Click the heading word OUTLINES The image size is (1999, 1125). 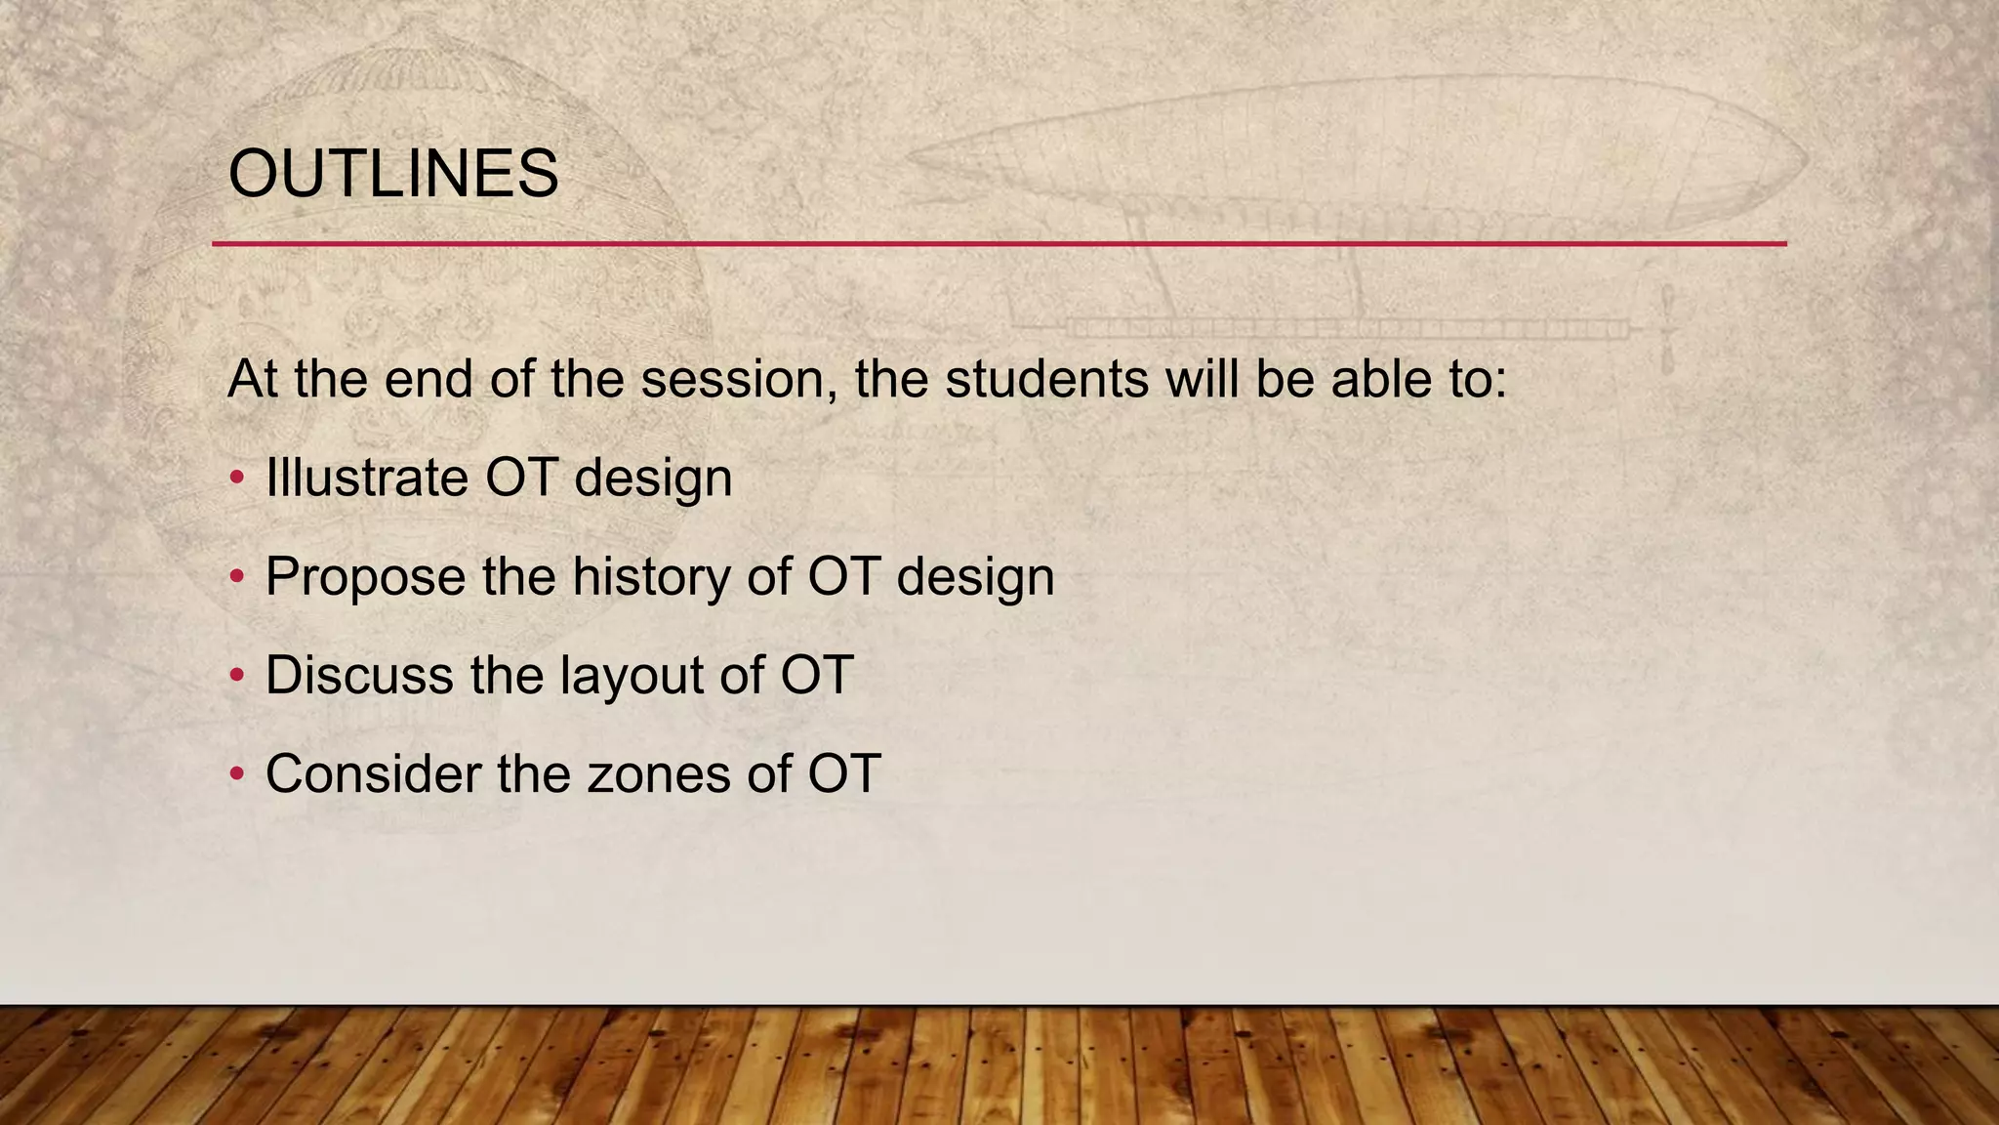tap(392, 174)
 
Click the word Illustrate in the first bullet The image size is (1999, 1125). tap(366, 478)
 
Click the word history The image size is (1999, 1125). tap(651, 576)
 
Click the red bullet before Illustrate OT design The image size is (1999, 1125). tap(236, 479)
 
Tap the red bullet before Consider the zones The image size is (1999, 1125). tap(236, 774)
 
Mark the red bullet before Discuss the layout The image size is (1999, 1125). tap(236, 676)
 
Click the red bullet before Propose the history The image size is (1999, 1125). tap(236, 577)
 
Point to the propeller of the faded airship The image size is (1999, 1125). tap(1668, 329)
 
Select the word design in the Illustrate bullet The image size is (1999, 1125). tap(652, 478)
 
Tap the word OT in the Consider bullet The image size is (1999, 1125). tap(844, 773)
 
